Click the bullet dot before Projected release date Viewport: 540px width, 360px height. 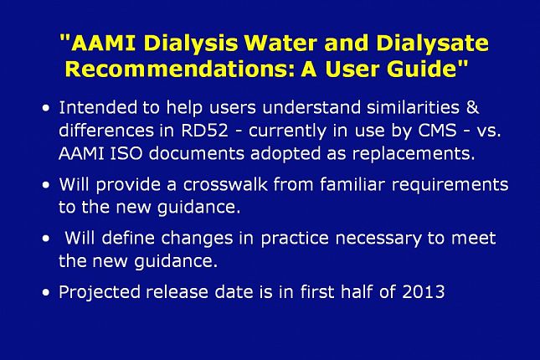pos(44,293)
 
